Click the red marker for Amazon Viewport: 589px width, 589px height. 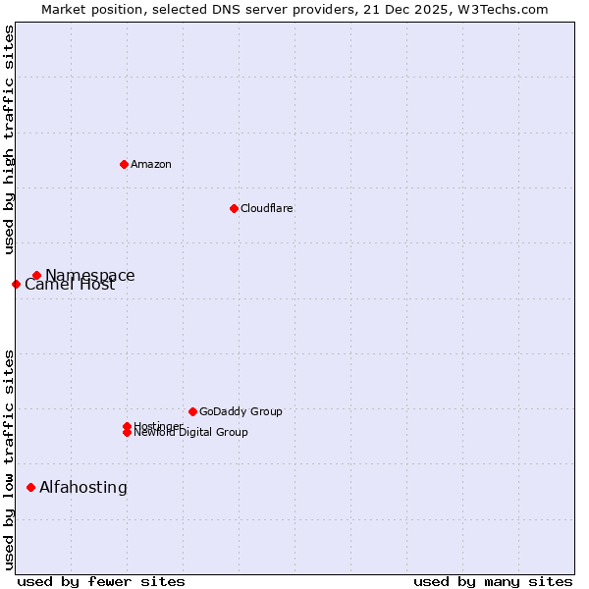tap(124, 164)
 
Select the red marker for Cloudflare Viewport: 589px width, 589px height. tap(234, 208)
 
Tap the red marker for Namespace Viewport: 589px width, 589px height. tap(36, 276)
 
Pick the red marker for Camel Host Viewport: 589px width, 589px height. tap(16, 285)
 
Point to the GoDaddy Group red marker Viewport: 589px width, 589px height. tap(192, 411)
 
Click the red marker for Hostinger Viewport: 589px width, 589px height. tap(127, 426)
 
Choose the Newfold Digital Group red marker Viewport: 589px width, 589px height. tap(127, 433)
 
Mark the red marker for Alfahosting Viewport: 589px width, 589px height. tap(30, 487)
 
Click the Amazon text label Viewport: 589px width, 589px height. tap(151, 164)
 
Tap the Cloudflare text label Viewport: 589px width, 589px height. tap(267, 208)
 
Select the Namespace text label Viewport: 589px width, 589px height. tap(90, 276)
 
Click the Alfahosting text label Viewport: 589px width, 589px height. tap(83, 487)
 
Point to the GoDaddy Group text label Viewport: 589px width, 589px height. tap(241, 411)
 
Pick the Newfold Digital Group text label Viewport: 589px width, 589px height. tap(191, 433)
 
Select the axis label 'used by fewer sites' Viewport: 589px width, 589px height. tap(101, 581)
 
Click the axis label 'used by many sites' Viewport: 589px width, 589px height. tap(493, 581)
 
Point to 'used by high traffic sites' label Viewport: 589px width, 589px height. tap(9, 139)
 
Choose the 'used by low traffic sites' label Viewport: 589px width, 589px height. tap(9, 459)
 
